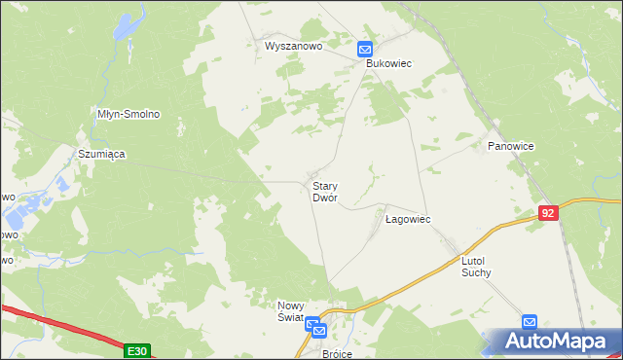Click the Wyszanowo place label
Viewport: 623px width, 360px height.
click(x=293, y=45)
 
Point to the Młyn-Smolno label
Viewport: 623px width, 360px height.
click(x=128, y=114)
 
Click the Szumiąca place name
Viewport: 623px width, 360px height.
click(x=102, y=154)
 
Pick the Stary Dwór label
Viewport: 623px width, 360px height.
click(x=324, y=191)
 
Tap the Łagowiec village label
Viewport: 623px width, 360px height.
click(x=408, y=220)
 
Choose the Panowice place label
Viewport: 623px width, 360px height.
click(x=510, y=146)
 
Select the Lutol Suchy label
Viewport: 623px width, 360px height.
click(x=477, y=267)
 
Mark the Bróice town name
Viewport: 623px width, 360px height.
click(x=337, y=354)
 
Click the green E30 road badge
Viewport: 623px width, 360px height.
click(x=138, y=349)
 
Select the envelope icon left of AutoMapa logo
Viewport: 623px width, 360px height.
click(x=529, y=322)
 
